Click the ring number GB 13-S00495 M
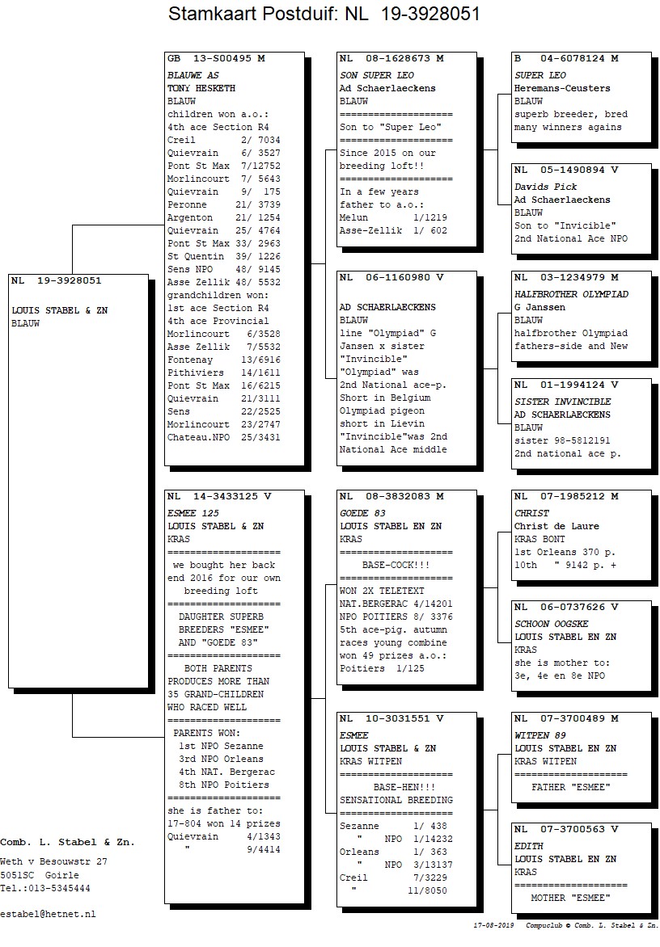[216, 59]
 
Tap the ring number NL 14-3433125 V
[219, 496]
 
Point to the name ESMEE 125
[192, 513]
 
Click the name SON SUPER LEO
[377, 75]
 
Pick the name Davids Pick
[545, 187]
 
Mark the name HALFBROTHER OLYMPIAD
[571, 294]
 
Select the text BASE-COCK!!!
[396, 566]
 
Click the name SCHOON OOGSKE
[551, 624]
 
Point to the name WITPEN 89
[539, 735]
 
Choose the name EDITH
[529, 846]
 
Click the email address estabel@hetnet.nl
[48, 915]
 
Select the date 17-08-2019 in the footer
[494, 925]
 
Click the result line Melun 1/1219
[393, 217]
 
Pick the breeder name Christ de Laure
[556, 526]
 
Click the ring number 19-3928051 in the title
[430, 13]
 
